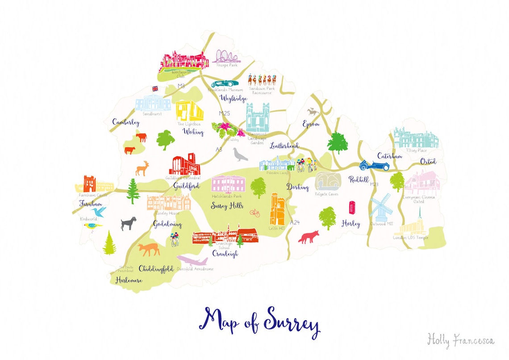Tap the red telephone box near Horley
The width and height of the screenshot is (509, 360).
[352, 208]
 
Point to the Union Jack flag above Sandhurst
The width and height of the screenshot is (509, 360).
[155, 88]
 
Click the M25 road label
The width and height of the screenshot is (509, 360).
[224, 113]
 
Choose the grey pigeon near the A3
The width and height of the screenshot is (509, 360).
[240, 155]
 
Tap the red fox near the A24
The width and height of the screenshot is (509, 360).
[309, 237]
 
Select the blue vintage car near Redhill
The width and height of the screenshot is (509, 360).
[374, 165]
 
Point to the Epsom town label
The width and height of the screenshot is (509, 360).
[311, 124]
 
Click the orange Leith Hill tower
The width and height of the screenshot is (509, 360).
[277, 209]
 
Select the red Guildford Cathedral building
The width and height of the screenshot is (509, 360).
[184, 165]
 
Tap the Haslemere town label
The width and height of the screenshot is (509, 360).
[129, 280]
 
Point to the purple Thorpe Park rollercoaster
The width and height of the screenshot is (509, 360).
[225, 57]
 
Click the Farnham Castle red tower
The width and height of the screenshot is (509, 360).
[89, 183]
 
